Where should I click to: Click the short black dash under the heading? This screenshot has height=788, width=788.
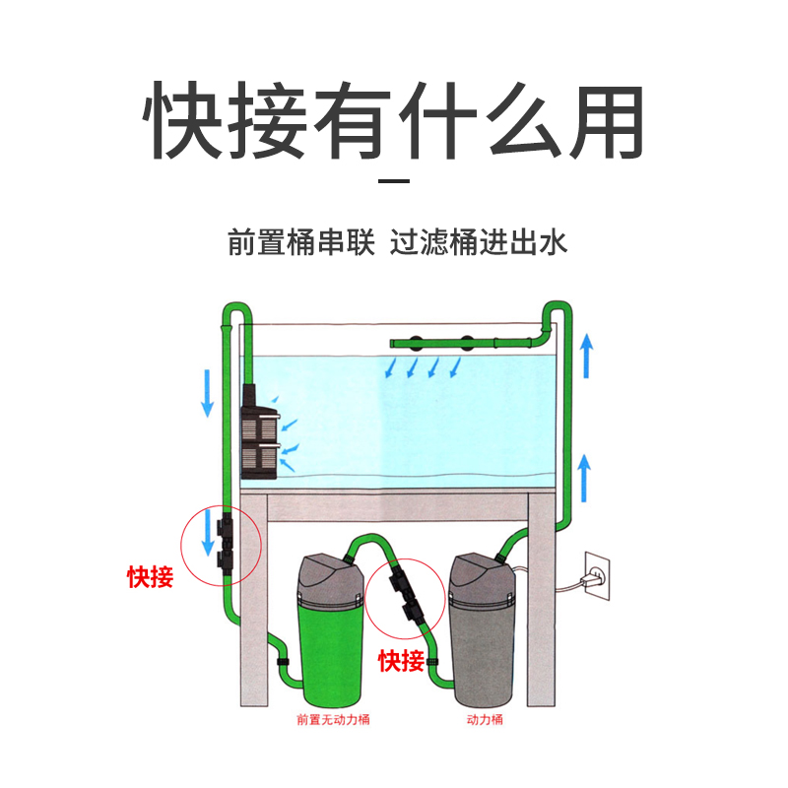pos(394,182)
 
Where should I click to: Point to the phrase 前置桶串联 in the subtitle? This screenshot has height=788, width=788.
pos(301,242)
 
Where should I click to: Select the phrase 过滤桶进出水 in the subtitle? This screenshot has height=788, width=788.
pos(480,242)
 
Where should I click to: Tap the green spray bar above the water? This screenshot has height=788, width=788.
pos(463,342)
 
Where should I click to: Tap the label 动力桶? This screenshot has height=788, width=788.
pos(484,720)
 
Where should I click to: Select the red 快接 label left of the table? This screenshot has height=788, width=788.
pos(150,577)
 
